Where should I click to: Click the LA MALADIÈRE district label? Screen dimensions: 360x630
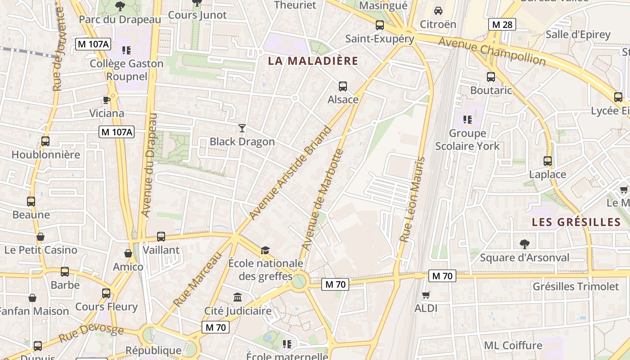(x=313, y=61)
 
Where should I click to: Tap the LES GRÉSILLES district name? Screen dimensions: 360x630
(x=576, y=222)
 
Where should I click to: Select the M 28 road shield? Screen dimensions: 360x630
(x=502, y=24)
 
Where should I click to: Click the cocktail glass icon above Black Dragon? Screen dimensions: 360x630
(x=242, y=128)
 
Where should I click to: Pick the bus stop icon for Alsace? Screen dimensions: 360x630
(x=343, y=86)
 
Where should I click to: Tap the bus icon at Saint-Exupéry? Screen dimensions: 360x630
(x=380, y=25)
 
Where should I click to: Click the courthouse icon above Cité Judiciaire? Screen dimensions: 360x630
(x=238, y=297)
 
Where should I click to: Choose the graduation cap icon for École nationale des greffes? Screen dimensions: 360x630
(x=265, y=250)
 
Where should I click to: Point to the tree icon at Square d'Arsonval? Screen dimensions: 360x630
(x=524, y=244)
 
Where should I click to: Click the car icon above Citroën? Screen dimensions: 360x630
(x=438, y=10)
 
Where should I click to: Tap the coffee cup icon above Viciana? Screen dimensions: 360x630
(x=106, y=99)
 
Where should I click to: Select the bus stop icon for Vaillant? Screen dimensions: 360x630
(x=161, y=236)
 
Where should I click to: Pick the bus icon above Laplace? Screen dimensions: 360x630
(x=547, y=161)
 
